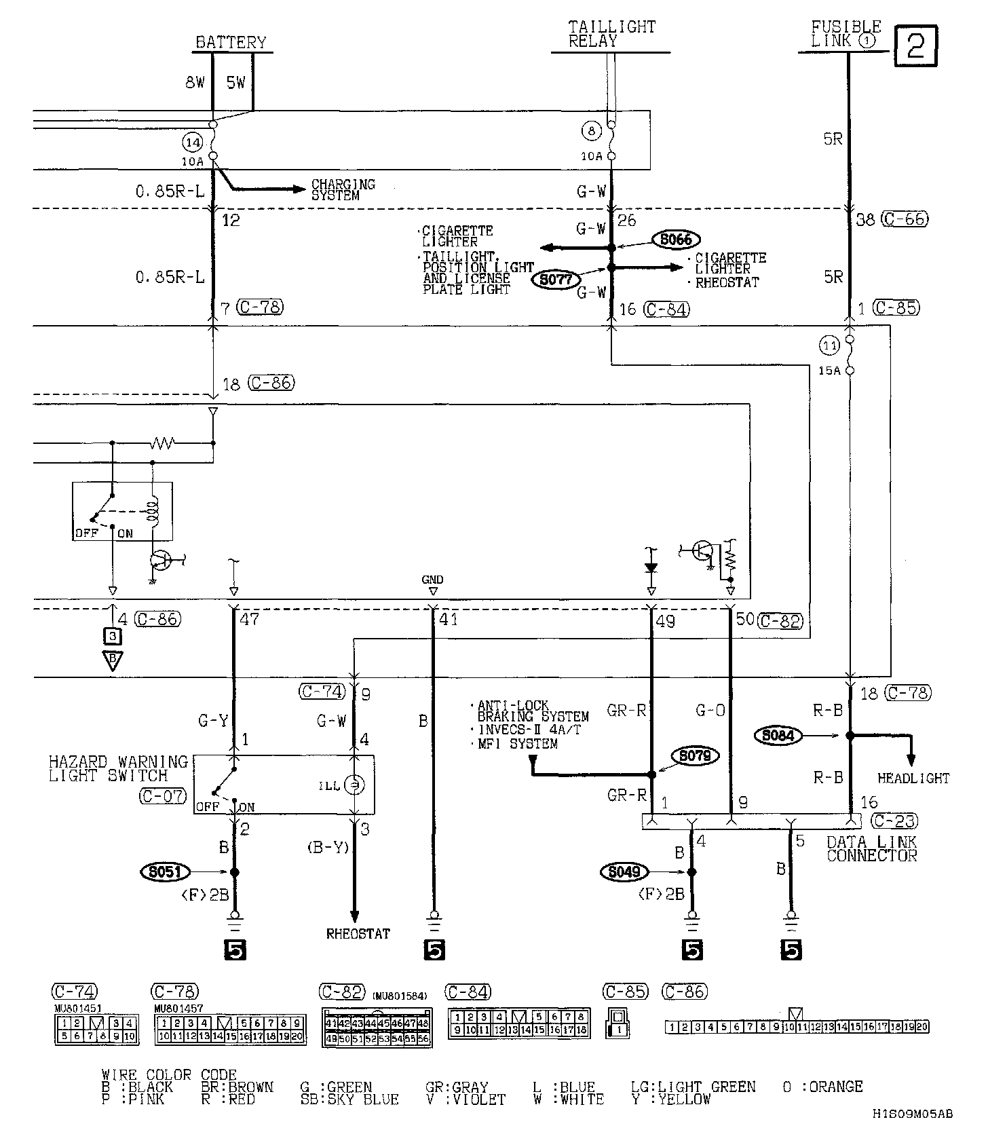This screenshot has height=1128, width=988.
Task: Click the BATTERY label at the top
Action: click(x=231, y=43)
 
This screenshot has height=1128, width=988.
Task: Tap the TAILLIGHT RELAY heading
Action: click(x=611, y=33)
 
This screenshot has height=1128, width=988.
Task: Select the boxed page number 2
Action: click(x=915, y=45)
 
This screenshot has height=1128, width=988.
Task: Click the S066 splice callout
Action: click(x=676, y=239)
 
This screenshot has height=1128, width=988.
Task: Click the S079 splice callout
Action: click(x=694, y=756)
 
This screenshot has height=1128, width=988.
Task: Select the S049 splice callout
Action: click(x=624, y=871)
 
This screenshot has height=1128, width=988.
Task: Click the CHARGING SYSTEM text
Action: click(x=343, y=190)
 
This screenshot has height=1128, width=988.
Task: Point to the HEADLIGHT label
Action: click(x=913, y=778)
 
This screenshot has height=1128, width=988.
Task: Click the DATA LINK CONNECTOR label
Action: click(x=871, y=849)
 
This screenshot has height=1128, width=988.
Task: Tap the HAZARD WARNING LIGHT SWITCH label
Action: click(x=117, y=768)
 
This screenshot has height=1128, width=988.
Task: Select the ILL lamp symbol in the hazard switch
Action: click(x=353, y=785)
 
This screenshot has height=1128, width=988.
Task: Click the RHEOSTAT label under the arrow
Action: click(x=358, y=934)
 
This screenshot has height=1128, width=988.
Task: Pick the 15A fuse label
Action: click(x=829, y=371)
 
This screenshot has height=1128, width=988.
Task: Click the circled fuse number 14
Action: click(x=192, y=143)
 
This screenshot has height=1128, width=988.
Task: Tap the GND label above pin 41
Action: click(x=432, y=580)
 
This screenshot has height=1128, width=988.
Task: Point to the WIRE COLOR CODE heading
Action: click(x=169, y=1075)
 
